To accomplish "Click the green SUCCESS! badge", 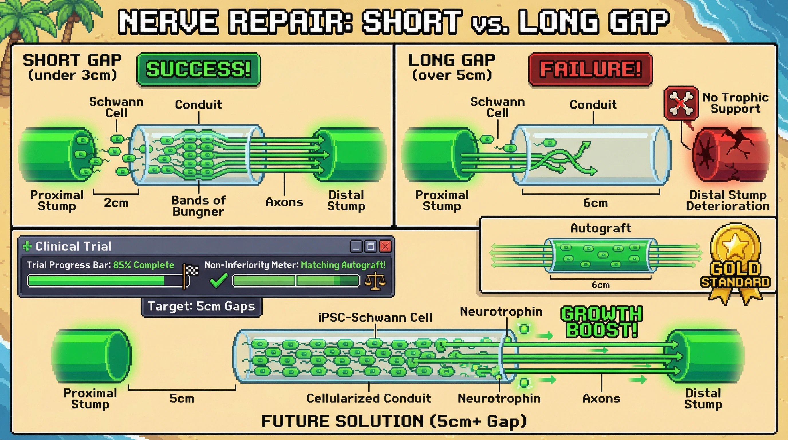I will tap(198, 69).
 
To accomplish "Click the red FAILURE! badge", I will tap(590, 69).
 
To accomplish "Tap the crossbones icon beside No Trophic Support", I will tap(681, 103).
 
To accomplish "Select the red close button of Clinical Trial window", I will tap(385, 246).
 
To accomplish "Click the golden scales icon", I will tap(375, 281).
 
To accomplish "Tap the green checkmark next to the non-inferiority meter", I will tap(219, 280).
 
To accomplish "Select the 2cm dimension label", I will tap(116, 203).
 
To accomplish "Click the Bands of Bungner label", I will tap(198, 206).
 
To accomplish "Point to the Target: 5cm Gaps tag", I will tap(201, 306).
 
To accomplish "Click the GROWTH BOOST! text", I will tap(601, 322).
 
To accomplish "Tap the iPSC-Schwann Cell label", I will tap(375, 318).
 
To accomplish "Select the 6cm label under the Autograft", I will tap(600, 285).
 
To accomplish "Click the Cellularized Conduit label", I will tap(369, 398).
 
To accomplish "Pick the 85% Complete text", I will tap(143, 265).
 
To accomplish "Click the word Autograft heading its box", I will tap(600, 228).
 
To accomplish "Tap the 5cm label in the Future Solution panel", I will tap(182, 398).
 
